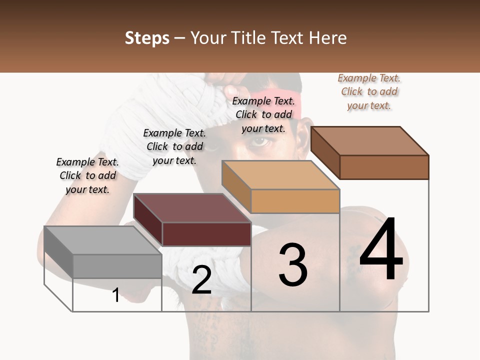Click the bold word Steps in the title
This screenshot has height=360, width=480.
pyautogui.click(x=147, y=38)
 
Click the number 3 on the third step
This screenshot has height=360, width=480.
pyautogui.click(x=292, y=264)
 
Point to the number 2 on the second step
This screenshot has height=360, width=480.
pyautogui.click(x=201, y=280)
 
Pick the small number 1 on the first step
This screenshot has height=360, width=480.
pyautogui.click(x=116, y=295)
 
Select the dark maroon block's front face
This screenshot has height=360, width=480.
pyautogui.click(x=206, y=234)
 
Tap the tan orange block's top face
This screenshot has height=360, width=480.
pyautogui.click(x=280, y=175)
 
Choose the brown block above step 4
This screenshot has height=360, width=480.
pyautogui.click(x=384, y=166)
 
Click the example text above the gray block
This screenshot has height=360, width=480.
pyautogui.click(x=87, y=175)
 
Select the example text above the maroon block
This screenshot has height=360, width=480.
pyautogui.click(x=174, y=146)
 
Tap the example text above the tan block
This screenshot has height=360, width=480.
pyautogui.click(x=263, y=114)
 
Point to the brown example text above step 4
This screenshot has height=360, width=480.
pyautogui.click(x=369, y=91)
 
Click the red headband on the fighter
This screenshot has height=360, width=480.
pyautogui.click(x=275, y=95)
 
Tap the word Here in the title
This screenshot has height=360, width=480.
pyautogui.click(x=329, y=38)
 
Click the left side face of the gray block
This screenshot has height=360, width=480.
pyautogui.click(x=58, y=251)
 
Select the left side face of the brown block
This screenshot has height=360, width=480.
pyautogui.click(x=325, y=152)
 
